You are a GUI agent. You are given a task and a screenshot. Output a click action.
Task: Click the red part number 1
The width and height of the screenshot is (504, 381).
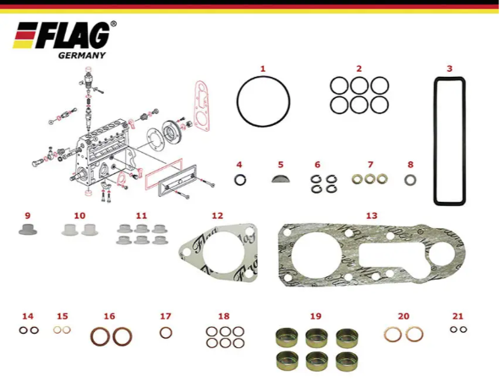coord(263,68)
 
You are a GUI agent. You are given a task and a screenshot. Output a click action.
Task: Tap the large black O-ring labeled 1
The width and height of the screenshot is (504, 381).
coord(238,102)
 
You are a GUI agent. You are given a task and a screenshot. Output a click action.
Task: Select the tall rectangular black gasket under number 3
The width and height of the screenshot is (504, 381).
coord(435,141)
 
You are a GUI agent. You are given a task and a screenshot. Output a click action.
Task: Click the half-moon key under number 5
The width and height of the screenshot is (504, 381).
coord(281,178)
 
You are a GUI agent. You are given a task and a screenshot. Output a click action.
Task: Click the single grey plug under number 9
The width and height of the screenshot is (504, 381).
coord(28,229)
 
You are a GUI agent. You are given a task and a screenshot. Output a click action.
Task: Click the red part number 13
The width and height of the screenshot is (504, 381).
coord(371,215)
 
